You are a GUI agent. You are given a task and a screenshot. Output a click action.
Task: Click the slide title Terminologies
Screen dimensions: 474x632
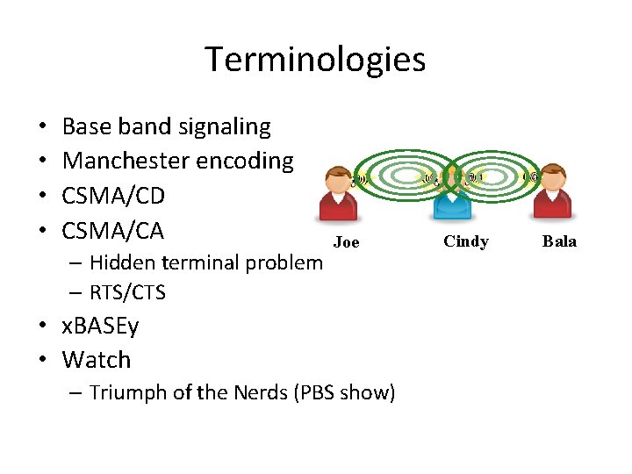(315, 60)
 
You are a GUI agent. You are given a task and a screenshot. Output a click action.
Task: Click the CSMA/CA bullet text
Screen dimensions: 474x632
(113, 232)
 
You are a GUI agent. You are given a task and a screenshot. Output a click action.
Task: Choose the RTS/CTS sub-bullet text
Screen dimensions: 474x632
(127, 291)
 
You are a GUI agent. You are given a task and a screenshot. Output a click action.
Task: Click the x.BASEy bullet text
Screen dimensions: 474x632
(100, 327)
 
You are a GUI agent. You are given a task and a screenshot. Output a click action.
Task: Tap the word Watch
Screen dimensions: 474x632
(97, 360)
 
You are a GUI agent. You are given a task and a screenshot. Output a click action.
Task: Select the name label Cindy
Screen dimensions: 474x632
(466, 241)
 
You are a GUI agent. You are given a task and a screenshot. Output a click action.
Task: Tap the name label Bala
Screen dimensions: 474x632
(560, 241)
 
